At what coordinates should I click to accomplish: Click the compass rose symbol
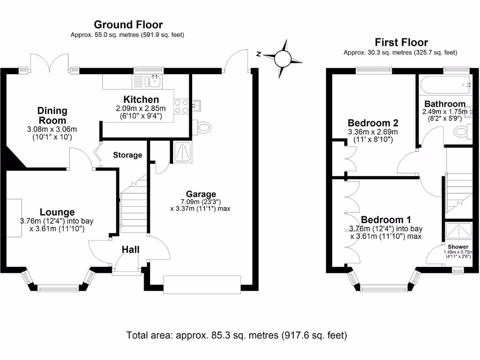tap(282, 59)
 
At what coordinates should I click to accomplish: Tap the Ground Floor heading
tap(128, 24)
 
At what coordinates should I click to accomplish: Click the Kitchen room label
tap(141, 99)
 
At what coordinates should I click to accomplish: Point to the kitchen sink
tap(153, 81)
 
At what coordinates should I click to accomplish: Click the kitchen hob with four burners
tap(181, 106)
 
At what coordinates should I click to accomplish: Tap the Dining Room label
tap(52, 115)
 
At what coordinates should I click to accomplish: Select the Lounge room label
tap(57, 212)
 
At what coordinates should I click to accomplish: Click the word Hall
tap(131, 250)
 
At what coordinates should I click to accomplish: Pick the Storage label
tap(127, 155)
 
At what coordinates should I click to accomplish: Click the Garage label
tap(201, 194)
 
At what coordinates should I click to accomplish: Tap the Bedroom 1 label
tap(386, 219)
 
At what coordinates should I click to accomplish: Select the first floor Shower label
tap(457, 247)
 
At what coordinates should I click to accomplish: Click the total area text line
tap(237, 335)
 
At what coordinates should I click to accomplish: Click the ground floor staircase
tap(133, 206)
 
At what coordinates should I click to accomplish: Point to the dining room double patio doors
tap(52, 63)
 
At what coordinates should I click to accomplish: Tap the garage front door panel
tap(202, 284)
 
